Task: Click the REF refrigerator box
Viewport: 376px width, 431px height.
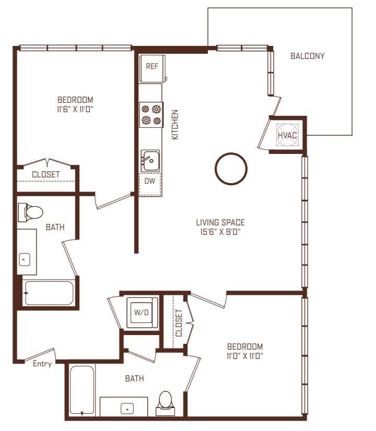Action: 152,67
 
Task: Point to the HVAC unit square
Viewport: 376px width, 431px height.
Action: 287,135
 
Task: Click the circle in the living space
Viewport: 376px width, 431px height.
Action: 230,169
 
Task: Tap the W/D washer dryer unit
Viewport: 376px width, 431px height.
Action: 141,313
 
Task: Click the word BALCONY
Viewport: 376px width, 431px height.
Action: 308,56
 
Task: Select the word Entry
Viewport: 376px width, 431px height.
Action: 42,364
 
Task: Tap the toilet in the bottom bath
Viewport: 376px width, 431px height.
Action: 166,402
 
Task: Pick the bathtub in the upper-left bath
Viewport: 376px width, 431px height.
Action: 48,293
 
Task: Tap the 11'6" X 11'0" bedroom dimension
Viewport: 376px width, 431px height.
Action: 75,109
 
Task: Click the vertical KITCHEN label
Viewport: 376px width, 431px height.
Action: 175,124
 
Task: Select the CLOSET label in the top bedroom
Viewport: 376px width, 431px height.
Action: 45,174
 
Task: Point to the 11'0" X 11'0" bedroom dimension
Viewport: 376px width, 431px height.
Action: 245,356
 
